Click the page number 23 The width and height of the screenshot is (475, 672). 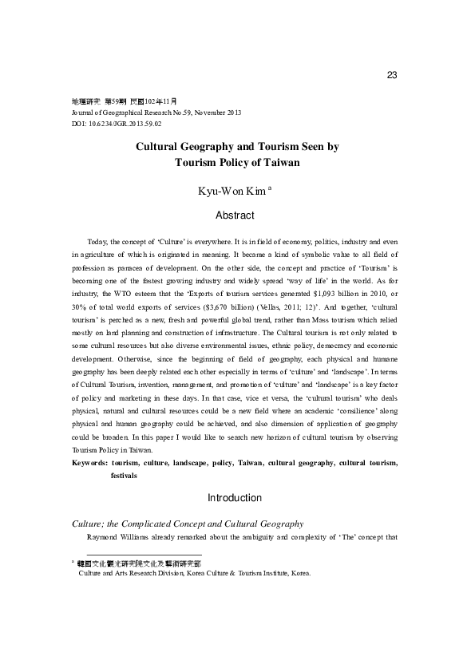391,75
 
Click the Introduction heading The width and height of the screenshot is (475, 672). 235,498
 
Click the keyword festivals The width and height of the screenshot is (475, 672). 124,475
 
